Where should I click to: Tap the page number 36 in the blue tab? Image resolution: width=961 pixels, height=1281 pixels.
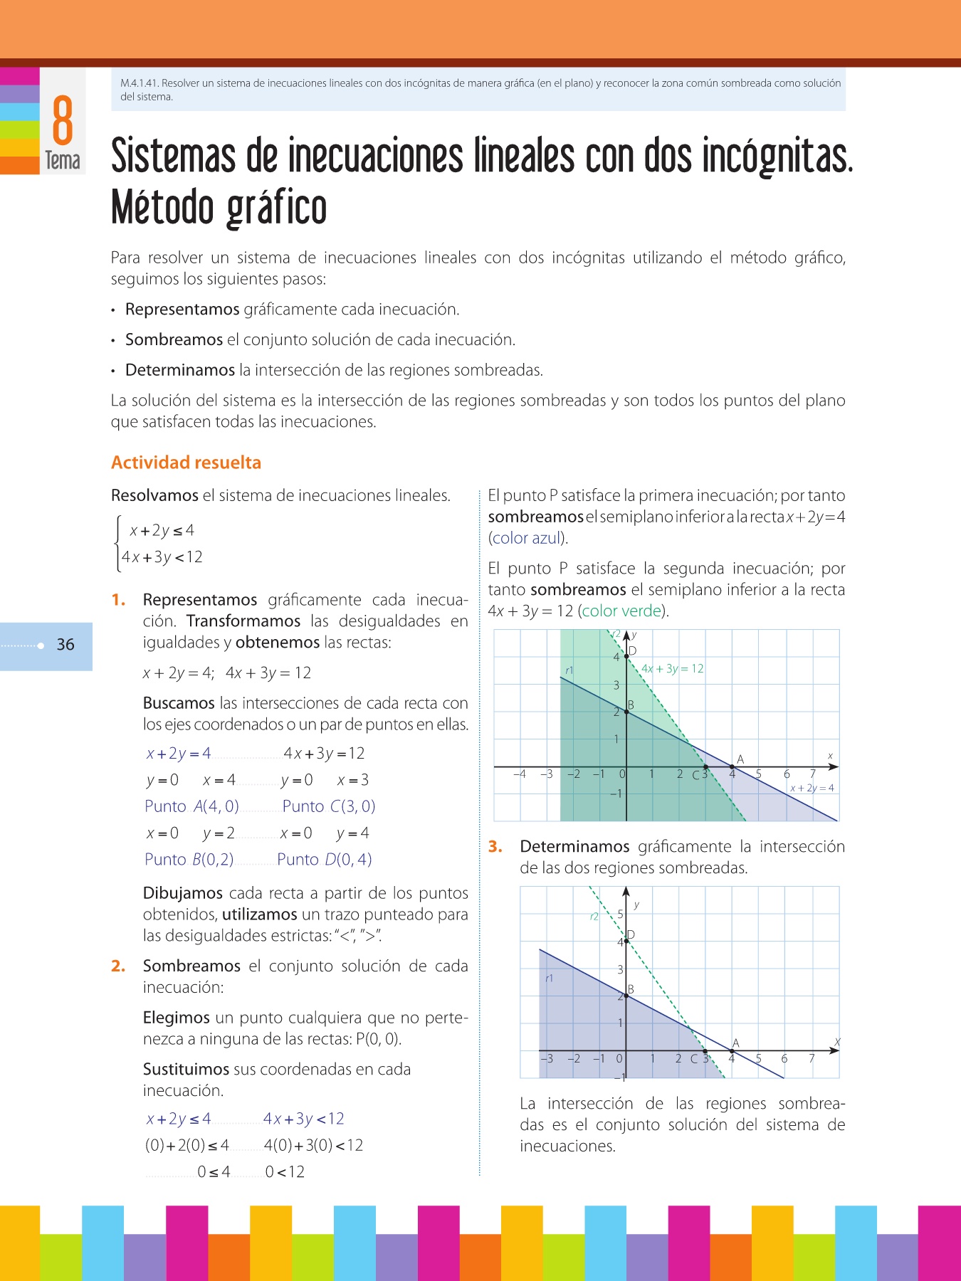65,645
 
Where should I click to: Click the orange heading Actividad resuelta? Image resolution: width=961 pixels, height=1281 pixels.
186,463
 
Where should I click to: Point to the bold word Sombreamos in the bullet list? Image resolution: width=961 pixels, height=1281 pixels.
174,340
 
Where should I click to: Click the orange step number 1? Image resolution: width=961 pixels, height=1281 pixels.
118,600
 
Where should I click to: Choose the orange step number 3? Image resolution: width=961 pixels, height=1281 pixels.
495,847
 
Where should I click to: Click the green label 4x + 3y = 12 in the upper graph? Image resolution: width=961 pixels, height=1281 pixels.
672,669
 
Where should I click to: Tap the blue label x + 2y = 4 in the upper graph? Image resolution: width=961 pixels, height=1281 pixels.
812,788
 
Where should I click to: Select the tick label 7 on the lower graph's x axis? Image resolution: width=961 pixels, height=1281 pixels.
812,1059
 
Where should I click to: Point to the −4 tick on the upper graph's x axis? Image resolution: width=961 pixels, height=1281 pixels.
520,774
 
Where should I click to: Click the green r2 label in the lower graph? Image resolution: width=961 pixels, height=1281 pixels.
594,917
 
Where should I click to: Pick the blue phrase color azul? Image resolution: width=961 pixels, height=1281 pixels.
527,539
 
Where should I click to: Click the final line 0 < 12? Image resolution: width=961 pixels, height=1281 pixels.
285,1172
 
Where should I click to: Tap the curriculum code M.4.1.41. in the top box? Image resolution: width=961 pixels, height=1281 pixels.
140,83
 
